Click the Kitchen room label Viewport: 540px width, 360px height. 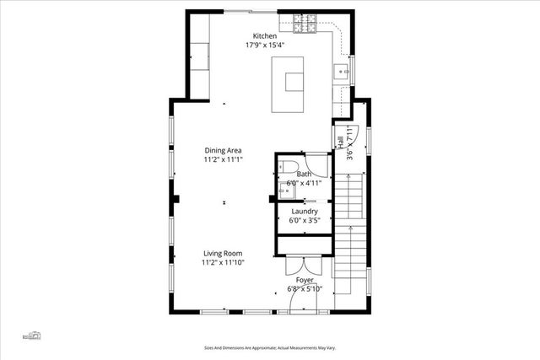coord(265,36)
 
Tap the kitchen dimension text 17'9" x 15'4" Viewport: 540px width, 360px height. coord(265,46)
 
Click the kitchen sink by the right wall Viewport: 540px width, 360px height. coord(342,72)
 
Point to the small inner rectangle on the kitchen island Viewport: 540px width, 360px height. coord(294,82)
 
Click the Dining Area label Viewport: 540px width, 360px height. coord(222,150)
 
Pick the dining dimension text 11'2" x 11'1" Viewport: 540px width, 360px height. coord(222,159)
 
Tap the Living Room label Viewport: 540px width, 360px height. coord(222,253)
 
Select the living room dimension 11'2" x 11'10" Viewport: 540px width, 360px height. coord(222,262)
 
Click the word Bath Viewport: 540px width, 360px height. coord(304,174)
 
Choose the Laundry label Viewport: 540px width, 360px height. coord(304,211)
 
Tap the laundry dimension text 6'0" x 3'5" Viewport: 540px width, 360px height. coord(304,220)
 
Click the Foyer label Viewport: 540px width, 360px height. coord(304,279)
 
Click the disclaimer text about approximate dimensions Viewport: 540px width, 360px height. coord(270,347)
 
